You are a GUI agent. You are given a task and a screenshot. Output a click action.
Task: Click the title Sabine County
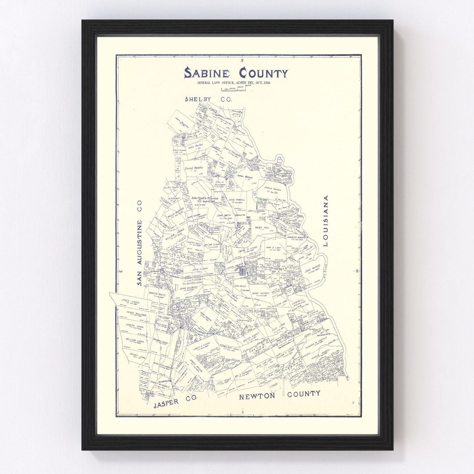tap(236, 73)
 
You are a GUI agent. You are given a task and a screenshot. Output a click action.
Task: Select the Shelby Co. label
tap(208, 100)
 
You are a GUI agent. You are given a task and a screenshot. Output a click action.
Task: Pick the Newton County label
tap(279, 395)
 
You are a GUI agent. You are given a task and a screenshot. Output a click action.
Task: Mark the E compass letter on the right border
tap(357, 271)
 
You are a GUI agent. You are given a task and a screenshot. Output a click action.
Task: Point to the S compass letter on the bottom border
tap(242, 413)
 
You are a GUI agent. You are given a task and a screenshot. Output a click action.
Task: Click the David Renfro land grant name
tap(195, 168)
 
